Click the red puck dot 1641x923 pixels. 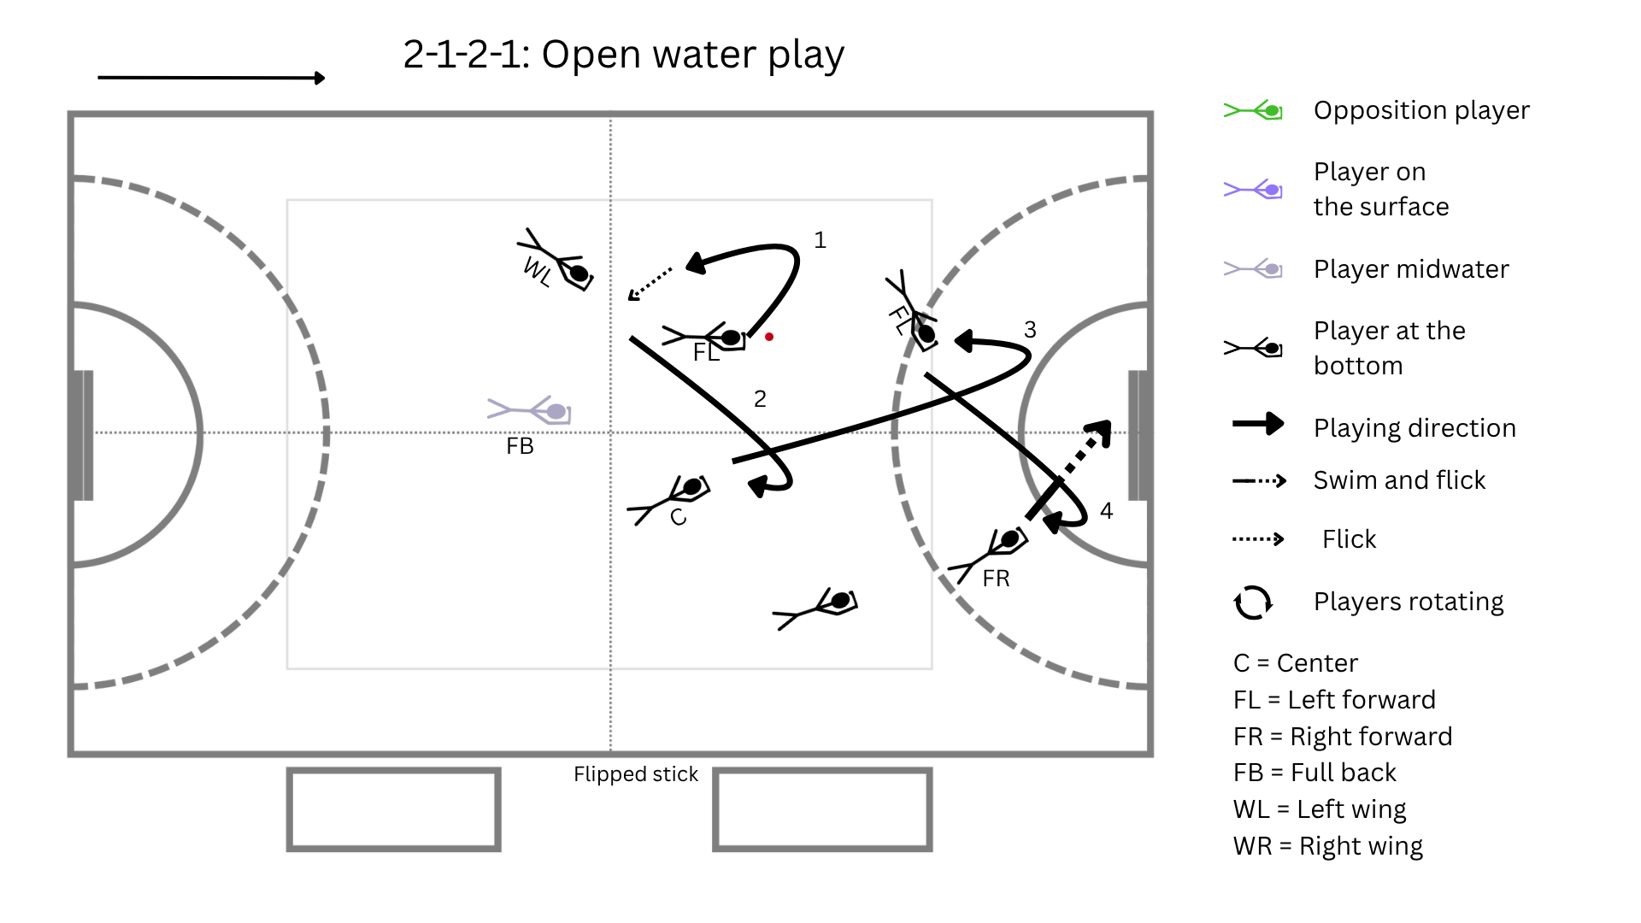pyautogui.click(x=769, y=337)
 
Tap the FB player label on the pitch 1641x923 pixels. pyautogui.click(x=520, y=446)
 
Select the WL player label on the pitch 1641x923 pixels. pyautogui.click(x=538, y=271)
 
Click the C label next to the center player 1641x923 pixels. pyautogui.click(x=679, y=517)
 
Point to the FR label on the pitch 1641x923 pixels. pyautogui.click(x=996, y=579)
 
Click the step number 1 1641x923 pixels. pyautogui.click(x=820, y=240)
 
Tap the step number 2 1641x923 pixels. pyautogui.click(x=760, y=398)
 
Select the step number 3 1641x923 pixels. pyautogui.click(x=1030, y=330)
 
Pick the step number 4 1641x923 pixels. pyautogui.click(x=1107, y=511)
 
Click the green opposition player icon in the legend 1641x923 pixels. pyautogui.click(x=1253, y=110)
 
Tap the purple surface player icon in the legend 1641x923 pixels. pyautogui.click(x=1253, y=189)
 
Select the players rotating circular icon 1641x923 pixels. pyautogui.click(x=1253, y=602)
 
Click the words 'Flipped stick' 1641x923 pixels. pyautogui.click(x=636, y=774)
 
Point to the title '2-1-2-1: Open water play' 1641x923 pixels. pyautogui.click(x=624, y=55)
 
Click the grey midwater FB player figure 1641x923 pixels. pyautogui.click(x=529, y=410)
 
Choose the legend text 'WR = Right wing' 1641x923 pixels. pyautogui.click(x=1328, y=846)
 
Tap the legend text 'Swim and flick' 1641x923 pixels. pyautogui.click(x=1400, y=480)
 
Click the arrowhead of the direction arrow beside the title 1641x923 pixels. pyautogui.click(x=320, y=78)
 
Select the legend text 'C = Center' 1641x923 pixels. pyautogui.click(x=1296, y=663)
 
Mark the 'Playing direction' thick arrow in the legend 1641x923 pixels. pyautogui.click(x=1258, y=424)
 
